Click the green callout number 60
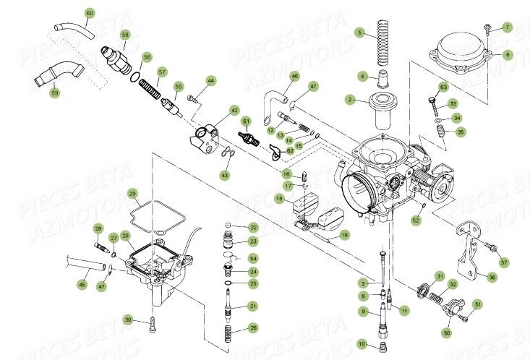(x=90, y=13)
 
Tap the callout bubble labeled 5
(x=360, y=33)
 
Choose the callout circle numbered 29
(x=132, y=194)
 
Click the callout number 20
(x=125, y=236)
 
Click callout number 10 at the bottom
(x=362, y=343)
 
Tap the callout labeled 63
(x=443, y=88)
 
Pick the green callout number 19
(x=344, y=235)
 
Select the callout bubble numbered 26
(x=252, y=328)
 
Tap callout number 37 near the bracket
(x=504, y=262)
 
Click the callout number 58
(x=125, y=35)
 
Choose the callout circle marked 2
(x=349, y=100)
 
